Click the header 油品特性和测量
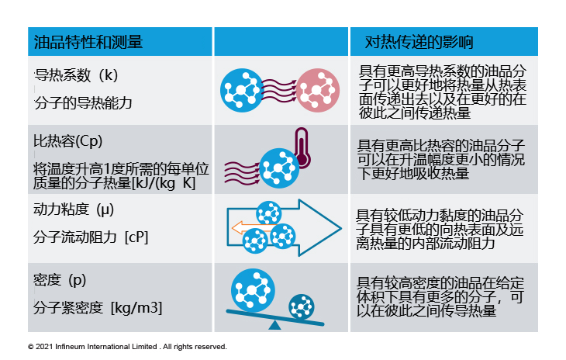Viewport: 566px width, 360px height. pyautogui.click(x=88, y=42)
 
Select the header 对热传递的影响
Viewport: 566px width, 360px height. pyautogui.click(x=419, y=42)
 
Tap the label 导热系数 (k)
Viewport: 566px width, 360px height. pyautogui.click(x=76, y=75)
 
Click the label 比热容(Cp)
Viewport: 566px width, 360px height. pyautogui.click(x=68, y=141)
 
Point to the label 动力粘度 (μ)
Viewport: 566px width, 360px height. pyautogui.click(x=74, y=209)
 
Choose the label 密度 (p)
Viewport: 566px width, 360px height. pyautogui.click(x=60, y=280)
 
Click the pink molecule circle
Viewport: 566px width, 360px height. pyautogui.click(x=318, y=90)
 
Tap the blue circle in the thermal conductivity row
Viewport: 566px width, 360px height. pyautogui.click(x=242, y=90)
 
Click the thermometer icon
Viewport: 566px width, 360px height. pyautogui.click(x=302, y=148)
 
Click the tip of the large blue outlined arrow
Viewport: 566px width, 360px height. pyautogui.click(x=341, y=228)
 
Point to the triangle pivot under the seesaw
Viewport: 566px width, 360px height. pyautogui.click(x=274, y=325)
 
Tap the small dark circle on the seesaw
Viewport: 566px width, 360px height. pyautogui.click(x=302, y=306)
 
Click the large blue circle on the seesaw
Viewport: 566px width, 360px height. pyautogui.click(x=253, y=290)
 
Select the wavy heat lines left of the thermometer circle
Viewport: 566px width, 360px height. pyautogui.click(x=242, y=173)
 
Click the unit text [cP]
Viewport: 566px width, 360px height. pyautogui.click(x=136, y=237)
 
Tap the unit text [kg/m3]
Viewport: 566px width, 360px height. pyautogui.click(x=136, y=308)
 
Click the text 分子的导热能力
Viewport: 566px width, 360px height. pyautogui.click(x=84, y=103)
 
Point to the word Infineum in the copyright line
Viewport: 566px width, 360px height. pyautogui.click(x=68, y=347)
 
